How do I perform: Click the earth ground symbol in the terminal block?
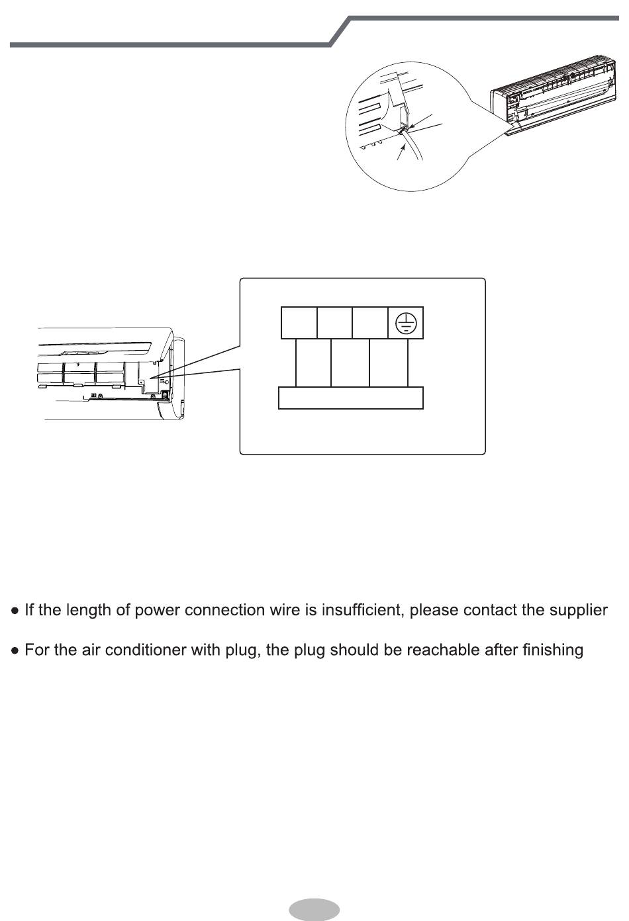[x=406, y=323]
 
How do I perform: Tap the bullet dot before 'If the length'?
[x=15, y=611]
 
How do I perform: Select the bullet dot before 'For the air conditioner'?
[x=15, y=651]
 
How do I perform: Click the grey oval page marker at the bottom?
[x=314, y=910]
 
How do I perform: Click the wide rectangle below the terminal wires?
[x=350, y=398]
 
